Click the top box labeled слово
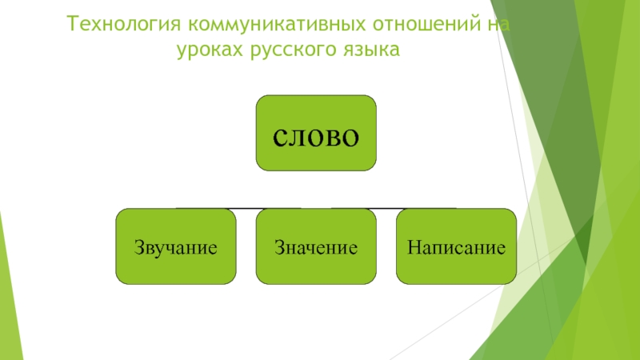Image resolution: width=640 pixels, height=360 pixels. pyautogui.click(x=316, y=133)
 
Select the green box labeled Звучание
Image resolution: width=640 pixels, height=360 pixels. pyautogui.click(x=176, y=246)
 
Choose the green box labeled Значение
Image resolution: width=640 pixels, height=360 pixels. pyautogui.click(x=316, y=246)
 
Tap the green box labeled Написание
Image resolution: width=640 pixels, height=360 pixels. pyautogui.click(x=456, y=246)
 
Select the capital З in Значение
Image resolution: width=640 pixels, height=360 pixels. pyautogui.click(x=279, y=246)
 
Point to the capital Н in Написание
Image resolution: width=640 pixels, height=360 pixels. pyautogui.click(x=413, y=246)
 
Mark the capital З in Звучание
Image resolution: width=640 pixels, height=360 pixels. pyautogui.click(x=138, y=246)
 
